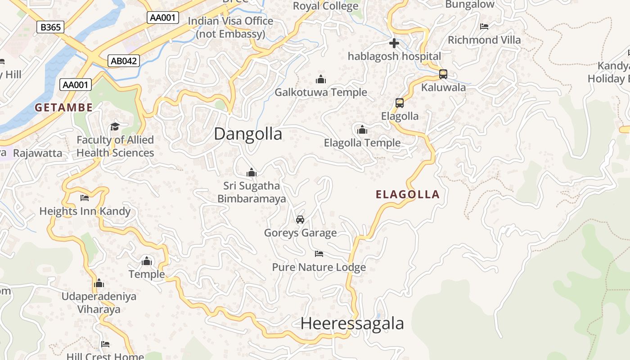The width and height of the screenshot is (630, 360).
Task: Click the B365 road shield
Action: pyautogui.click(x=50, y=27)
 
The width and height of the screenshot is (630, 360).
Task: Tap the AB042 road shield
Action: pyautogui.click(x=124, y=61)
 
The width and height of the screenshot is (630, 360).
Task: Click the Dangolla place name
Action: pyautogui.click(x=248, y=134)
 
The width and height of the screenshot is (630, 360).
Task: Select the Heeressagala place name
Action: pyautogui.click(x=352, y=324)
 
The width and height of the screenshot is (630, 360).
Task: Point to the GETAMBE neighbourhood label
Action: pyautogui.click(x=64, y=108)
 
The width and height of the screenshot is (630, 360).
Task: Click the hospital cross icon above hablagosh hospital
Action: pyautogui.click(x=394, y=43)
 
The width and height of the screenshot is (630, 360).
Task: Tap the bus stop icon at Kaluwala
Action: pyautogui.click(x=443, y=74)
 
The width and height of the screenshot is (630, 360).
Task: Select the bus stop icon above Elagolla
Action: pyautogui.click(x=400, y=103)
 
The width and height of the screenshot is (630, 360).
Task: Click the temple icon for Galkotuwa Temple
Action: pyautogui.click(x=321, y=80)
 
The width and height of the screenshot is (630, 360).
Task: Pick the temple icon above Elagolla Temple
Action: pyautogui.click(x=362, y=130)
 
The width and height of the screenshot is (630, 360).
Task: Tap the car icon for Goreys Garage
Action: pyautogui.click(x=300, y=220)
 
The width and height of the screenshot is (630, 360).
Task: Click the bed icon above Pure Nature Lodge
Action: pyautogui.click(x=319, y=254)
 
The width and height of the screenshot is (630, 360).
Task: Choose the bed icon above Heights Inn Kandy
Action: pyautogui.click(x=85, y=198)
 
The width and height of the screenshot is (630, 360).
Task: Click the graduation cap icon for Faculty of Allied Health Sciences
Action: pyautogui.click(x=115, y=126)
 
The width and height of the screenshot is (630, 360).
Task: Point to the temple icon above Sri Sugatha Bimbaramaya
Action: pyautogui.click(x=252, y=172)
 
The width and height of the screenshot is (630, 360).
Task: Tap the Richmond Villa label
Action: pyautogui.click(x=484, y=40)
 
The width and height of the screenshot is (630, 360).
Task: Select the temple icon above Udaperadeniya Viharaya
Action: pyautogui.click(x=99, y=283)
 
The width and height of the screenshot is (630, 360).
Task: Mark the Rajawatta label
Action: pyautogui.click(x=38, y=153)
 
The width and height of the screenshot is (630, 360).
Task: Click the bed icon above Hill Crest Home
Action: pyautogui.click(x=105, y=344)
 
